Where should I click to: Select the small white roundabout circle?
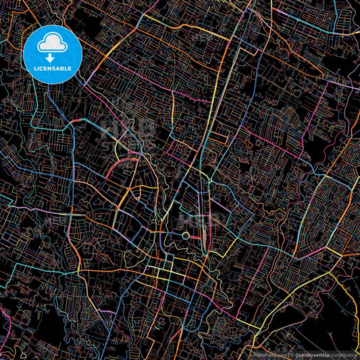(186, 236)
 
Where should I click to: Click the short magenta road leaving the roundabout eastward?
(196, 236)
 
